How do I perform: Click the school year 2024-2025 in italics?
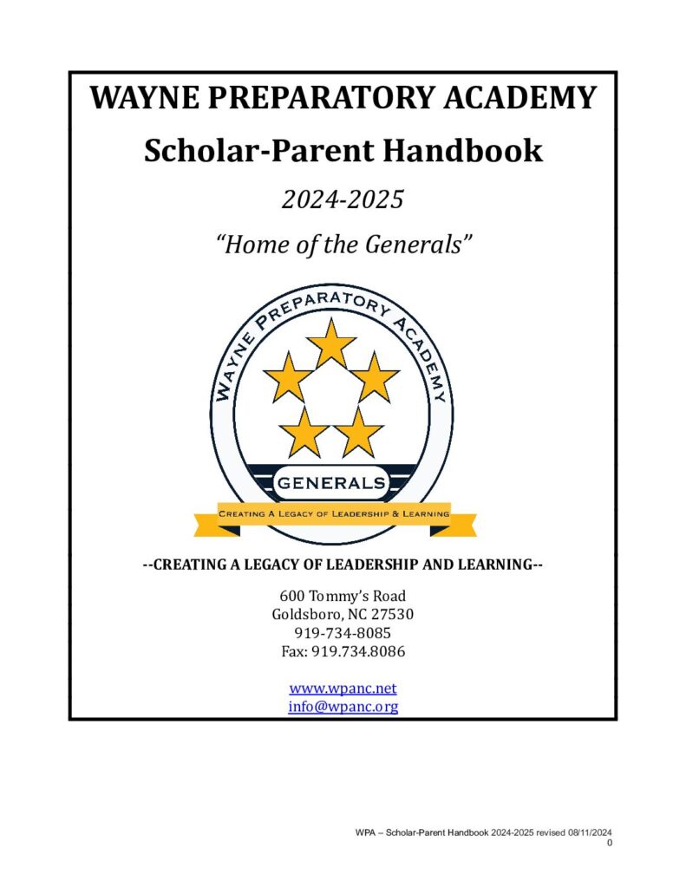tap(343, 200)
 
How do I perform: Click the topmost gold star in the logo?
tap(331, 343)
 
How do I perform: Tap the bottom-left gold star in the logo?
tap(305, 431)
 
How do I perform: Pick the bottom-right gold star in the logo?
tap(358, 431)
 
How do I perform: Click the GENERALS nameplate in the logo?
tap(330, 482)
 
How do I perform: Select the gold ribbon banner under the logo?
tap(334, 515)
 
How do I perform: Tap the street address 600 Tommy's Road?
tap(343, 597)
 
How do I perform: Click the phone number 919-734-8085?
tap(343, 633)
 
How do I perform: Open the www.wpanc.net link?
tap(343, 689)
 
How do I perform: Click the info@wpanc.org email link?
tap(343, 707)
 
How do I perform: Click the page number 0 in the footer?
tap(611, 844)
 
